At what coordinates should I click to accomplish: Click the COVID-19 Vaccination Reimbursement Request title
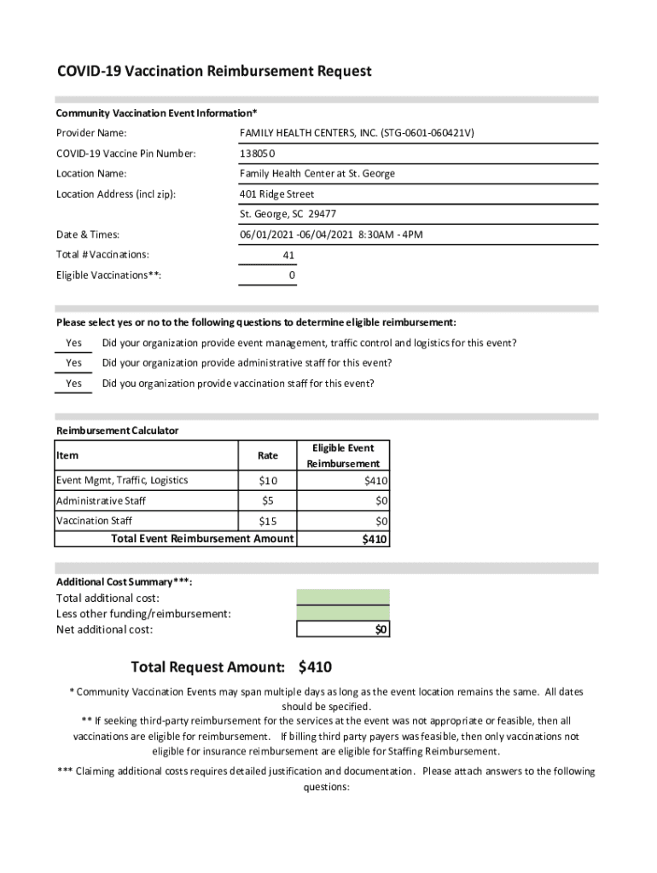coord(214,72)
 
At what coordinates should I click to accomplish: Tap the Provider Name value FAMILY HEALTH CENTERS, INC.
coord(358,133)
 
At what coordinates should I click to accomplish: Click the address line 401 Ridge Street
coord(277,194)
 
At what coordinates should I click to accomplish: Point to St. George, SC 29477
coord(288,215)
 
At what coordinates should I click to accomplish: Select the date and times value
coord(332,234)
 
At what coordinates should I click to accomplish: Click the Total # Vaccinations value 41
coord(289,255)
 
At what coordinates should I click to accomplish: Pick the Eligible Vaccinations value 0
coord(292,276)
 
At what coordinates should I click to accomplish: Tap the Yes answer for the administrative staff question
coord(74,363)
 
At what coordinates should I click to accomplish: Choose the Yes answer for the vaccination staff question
coord(74,384)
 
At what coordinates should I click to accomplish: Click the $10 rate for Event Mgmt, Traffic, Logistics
coord(268,481)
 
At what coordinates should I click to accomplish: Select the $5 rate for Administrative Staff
coord(268,500)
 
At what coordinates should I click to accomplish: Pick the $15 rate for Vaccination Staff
coord(268,520)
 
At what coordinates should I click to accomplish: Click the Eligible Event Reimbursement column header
coord(343,455)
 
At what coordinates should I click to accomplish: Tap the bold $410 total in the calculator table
coord(375,539)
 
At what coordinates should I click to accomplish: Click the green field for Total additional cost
coord(343,597)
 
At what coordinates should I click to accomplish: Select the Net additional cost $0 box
coord(343,629)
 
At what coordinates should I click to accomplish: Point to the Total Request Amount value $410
coord(315,667)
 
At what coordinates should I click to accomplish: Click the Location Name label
coord(91,174)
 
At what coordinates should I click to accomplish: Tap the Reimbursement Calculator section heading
coord(118,431)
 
